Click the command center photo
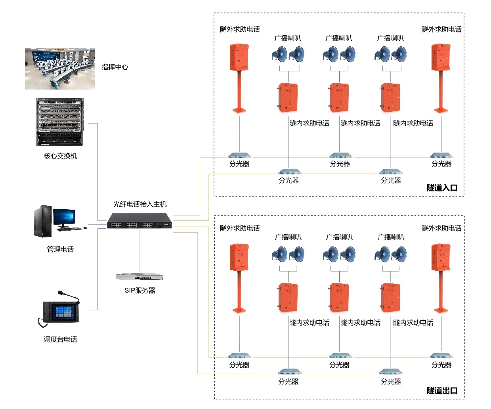pos(60,69)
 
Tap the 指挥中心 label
pos(115,67)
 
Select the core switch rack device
pos(60,122)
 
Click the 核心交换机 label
pos(60,156)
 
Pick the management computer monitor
pos(64,218)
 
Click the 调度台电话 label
pos(60,339)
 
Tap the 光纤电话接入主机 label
pos(140,204)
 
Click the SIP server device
pos(139,277)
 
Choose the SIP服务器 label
pos(140,290)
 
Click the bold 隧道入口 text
pos(442,188)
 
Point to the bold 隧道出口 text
pos(442,390)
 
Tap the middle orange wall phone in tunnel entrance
pos(339,97)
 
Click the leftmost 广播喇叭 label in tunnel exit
pos(288,237)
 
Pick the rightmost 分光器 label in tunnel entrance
pos(441,164)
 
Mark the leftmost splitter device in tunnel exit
pos(239,355)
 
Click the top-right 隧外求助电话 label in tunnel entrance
pos(441,29)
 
